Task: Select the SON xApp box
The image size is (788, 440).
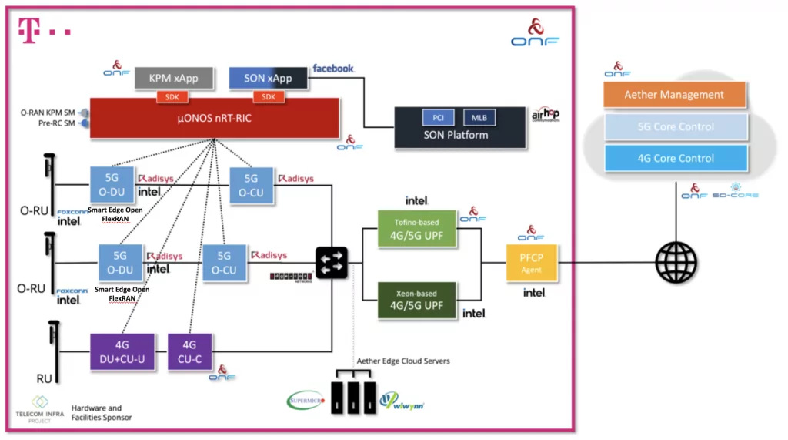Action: pyautogui.click(x=268, y=78)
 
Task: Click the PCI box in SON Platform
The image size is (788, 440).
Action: pyautogui.click(x=438, y=117)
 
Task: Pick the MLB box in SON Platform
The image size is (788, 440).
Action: pyautogui.click(x=479, y=117)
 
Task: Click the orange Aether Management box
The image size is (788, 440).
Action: pyautogui.click(x=675, y=95)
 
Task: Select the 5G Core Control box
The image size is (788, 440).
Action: pyautogui.click(x=675, y=126)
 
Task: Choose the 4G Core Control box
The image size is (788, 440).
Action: pyautogui.click(x=675, y=158)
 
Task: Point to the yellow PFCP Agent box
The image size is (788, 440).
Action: pyautogui.click(x=531, y=264)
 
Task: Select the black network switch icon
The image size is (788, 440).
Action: pyautogui.click(x=332, y=264)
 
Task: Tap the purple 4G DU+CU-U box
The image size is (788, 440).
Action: pyautogui.click(x=122, y=351)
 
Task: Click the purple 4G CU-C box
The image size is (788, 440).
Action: pyautogui.click(x=189, y=351)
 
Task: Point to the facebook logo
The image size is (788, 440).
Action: pyautogui.click(x=333, y=69)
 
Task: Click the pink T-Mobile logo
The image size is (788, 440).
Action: pyautogui.click(x=44, y=31)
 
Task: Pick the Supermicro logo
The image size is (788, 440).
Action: pyautogui.click(x=306, y=401)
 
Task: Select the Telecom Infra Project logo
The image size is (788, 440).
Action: pyautogui.click(x=39, y=407)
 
